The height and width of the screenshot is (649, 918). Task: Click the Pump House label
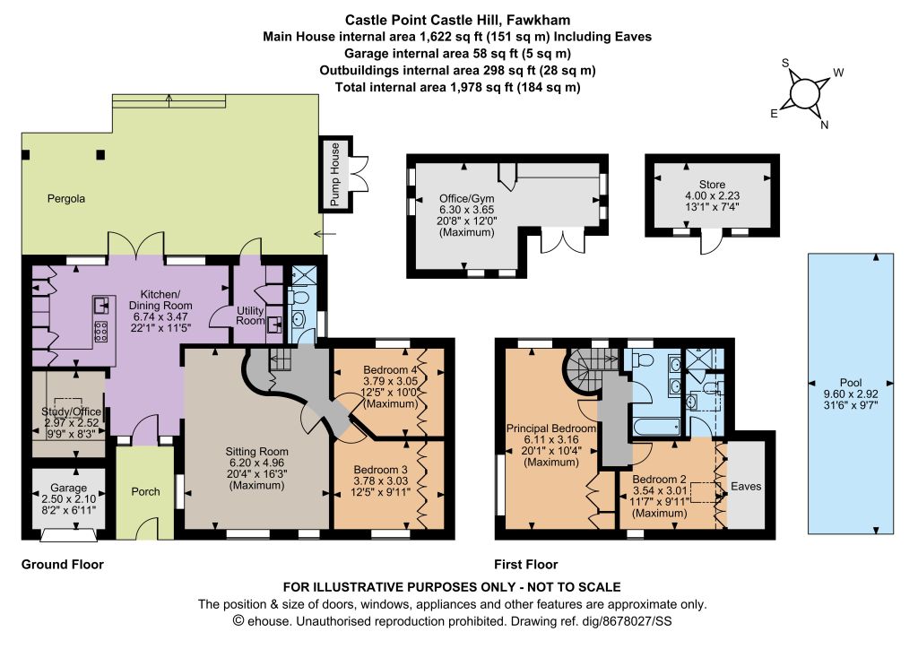click(x=335, y=174)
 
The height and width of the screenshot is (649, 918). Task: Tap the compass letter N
click(x=825, y=124)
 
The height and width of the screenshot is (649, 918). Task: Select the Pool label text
click(x=851, y=382)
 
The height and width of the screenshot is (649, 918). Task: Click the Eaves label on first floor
click(x=746, y=487)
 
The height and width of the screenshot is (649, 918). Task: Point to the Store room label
click(x=712, y=185)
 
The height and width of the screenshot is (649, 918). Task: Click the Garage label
click(x=68, y=488)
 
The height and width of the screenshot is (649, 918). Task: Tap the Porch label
click(x=145, y=491)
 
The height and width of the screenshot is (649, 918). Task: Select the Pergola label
click(x=66, y=199)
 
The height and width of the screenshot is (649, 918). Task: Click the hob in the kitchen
click(x=100, y=332)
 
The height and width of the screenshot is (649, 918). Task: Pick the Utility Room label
click(x=250, y=315)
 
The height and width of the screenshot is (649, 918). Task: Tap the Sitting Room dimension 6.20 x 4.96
click(x=257, y=463)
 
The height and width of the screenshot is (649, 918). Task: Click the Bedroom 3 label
click(x=380, y=470)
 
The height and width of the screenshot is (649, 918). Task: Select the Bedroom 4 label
click(x=391, y=370)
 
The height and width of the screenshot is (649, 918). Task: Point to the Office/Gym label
click(x=466, y=199)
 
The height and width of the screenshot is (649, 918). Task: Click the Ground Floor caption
click(x=63, y=565)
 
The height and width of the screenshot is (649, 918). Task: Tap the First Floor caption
click(x=525, y=565)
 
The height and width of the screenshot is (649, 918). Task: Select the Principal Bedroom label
click(x=551, y=428)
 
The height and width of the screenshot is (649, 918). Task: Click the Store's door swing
click(x=711, y=244)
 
